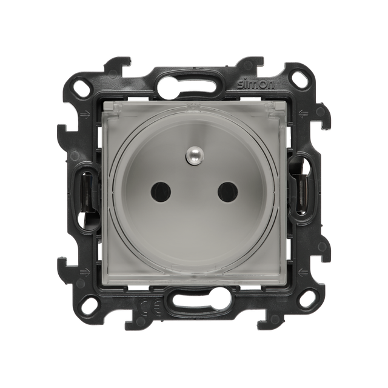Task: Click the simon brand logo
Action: point(256,85)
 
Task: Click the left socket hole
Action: point(161,191)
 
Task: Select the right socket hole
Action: point(228,191)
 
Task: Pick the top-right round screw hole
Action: point(299,79)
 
